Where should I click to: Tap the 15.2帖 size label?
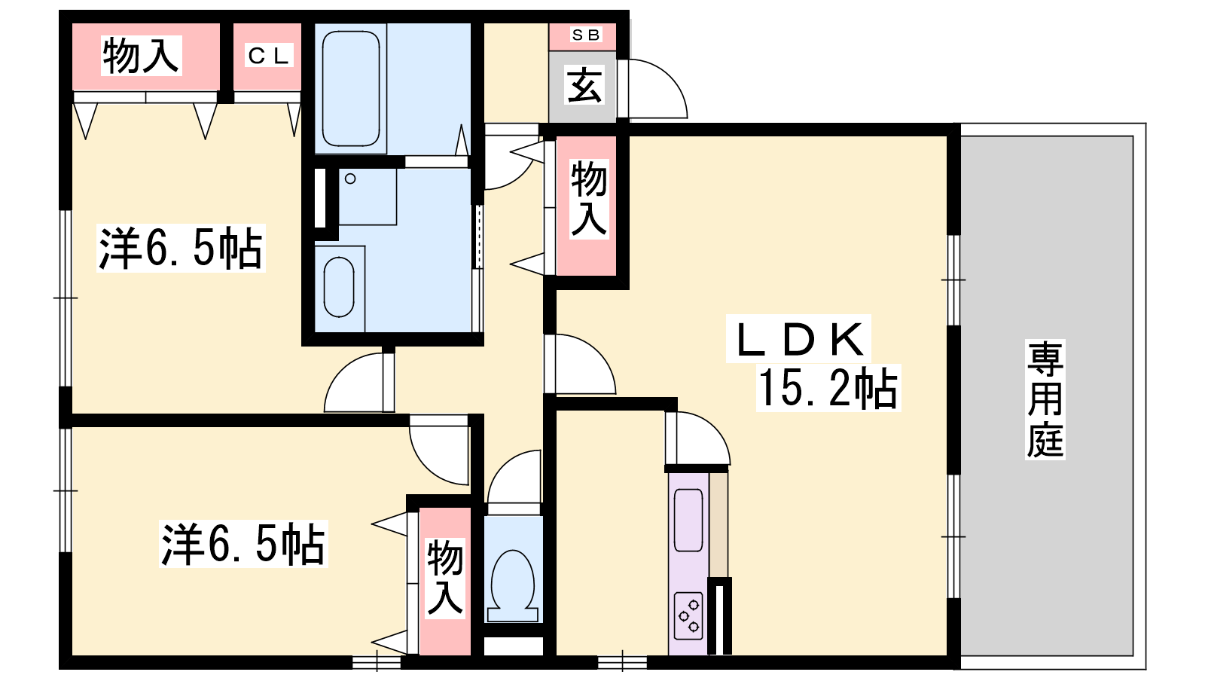click(828, 388)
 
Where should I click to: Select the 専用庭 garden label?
click(1045, 399)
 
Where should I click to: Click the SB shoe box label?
click(586, 35)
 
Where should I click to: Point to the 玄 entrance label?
click(584, 85)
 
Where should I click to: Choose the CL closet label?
click(268, 55)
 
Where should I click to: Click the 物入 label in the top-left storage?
click(141, 56)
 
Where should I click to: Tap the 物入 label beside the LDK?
click(589, 199)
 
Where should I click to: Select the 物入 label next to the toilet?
click(445, 577)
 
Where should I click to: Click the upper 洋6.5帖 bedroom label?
click(181, 248)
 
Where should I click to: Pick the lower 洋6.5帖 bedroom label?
click(243, 543)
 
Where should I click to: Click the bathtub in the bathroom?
click(351, 89)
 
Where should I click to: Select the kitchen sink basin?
click(688, 521)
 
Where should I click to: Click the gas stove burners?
click(688, 615)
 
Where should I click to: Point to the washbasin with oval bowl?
click(339, 287)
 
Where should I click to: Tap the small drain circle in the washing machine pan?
click(350, 179)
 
